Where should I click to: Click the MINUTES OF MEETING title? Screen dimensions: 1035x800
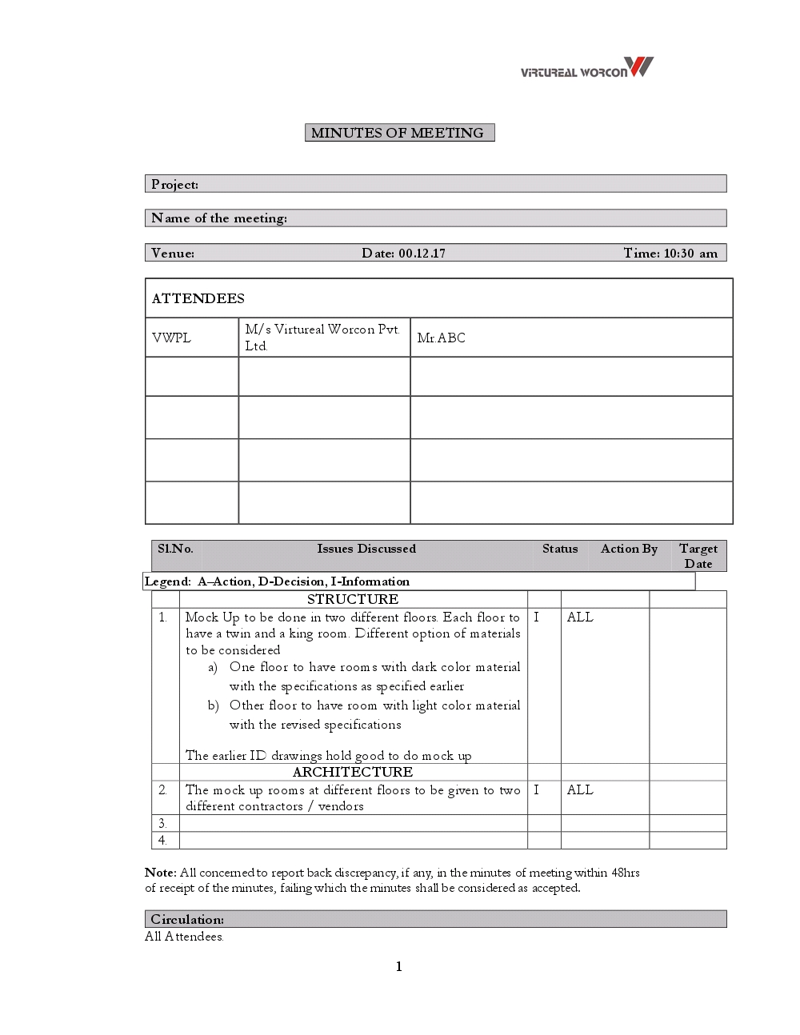[x=398, y=133]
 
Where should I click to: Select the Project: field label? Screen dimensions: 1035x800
[x=174, y=185]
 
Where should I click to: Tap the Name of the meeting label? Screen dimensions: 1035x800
[x=218, y=218]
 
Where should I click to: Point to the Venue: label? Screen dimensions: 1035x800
[x=173, y=254]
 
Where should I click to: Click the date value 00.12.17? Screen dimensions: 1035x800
[x=422, y=254]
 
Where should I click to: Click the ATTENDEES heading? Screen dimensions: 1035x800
[x=198, y=298]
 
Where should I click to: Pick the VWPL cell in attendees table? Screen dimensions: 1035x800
[x=171, y=338]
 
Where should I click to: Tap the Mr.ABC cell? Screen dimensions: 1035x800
[x=441, y=338]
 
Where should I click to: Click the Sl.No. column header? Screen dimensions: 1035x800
[x=175, y=549]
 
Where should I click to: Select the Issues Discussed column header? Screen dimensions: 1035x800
[x=366, y=549]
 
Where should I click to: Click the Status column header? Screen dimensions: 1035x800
[x=560, y=549]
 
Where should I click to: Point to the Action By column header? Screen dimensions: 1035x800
[x=629, y=549]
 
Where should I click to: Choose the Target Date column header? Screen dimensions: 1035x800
[x=698, y=556]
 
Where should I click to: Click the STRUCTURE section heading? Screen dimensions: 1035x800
[x=353, y=599]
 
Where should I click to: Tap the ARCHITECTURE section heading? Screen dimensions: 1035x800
[x=353, y=772]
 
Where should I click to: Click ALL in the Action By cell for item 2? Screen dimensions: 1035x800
[x=580, y=790]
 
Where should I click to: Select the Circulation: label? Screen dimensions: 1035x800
[x=187, y=920]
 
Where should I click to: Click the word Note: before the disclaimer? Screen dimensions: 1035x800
[x=161, y=873]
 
